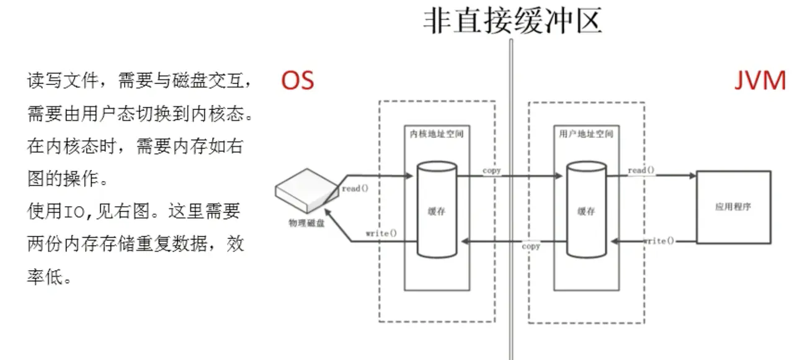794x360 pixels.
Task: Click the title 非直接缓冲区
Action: pos(512,20)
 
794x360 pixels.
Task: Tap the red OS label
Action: pos(297,81)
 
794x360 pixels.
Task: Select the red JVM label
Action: pos(760,81)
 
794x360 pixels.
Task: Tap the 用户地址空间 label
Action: pos(586,133)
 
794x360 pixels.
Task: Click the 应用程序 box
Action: pos(733,207)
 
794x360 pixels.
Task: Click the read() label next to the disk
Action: pos(355,188)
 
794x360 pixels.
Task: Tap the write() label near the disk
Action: pos(381,233)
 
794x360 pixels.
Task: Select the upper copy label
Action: pos(492,170)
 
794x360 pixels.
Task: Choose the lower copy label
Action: pos(531,246)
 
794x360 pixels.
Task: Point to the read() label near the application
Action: pos(641,170)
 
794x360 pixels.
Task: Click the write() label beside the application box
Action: pos(658,240)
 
